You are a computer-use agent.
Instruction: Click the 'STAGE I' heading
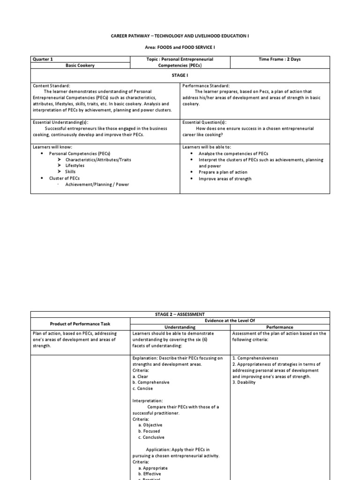[x=180, y=75]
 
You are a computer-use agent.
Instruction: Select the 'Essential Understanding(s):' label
[x=60, y=122]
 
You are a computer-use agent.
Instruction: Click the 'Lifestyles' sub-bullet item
[x=75, y=165]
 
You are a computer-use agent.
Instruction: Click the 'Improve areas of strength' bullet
[x=225, y=179]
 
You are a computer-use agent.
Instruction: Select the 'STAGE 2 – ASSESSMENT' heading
[x=180, y=315]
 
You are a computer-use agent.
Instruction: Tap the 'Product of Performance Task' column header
[x=80, y=324]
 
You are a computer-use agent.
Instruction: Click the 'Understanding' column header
[x=180, y=327]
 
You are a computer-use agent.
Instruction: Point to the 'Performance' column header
[x=280, y=327]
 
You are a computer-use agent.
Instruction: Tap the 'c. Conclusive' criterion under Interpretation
[x=151, y=437]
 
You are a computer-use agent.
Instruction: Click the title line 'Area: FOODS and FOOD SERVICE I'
[x=180, y=48]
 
